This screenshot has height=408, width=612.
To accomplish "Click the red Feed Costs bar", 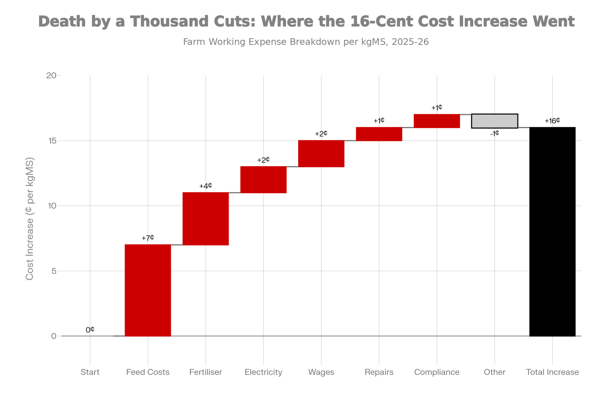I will tap(148, 290).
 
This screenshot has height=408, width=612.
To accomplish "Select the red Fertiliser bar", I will tap(206, 219).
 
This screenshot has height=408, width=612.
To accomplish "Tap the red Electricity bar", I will tap(263, 180).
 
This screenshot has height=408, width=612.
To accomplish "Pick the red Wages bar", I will tap(321, 154).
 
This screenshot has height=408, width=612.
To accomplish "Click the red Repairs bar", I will tap(379, 134).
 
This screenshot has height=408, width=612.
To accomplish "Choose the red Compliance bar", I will tap(437, 121).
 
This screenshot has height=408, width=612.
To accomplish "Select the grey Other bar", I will tap(494, 121).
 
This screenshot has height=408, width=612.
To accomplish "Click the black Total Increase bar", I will tap(552, 232).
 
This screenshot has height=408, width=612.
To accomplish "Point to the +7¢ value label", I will tap(148, 238).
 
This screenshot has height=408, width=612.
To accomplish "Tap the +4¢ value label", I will tap(206, 186).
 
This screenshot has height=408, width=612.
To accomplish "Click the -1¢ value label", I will tap(494, 133).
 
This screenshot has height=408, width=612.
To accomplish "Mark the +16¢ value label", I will tap(552, 121).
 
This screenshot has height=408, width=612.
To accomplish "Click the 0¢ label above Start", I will tap(90, 330).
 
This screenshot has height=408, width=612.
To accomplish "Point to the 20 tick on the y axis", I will tap(51, 76).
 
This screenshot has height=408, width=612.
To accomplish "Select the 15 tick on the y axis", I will tap(52, 141).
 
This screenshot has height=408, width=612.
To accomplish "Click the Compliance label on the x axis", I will tap(437, 372).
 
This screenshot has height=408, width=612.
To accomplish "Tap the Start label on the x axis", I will tap(90, 372).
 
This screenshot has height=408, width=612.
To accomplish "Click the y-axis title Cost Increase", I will tap(30, 219).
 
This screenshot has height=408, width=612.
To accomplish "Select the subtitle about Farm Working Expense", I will tap(306, 42).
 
